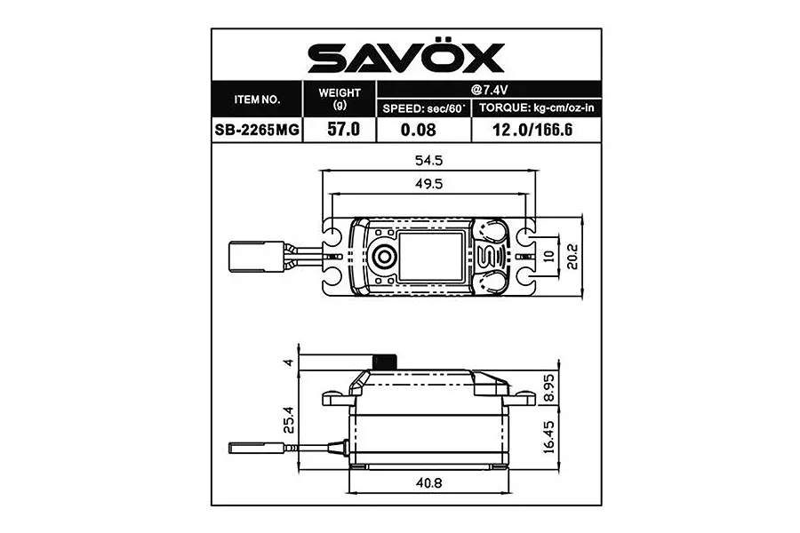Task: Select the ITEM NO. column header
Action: tap(257, 99)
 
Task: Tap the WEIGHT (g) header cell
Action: tap(340, 98)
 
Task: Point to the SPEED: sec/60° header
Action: tap(423, 108)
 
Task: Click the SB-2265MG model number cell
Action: tap(257, 129)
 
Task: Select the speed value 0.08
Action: tap(423, 129)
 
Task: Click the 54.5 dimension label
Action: tap(428, 161)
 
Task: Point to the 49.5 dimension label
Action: tap(428, 183)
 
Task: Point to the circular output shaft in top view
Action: tap(384, 257)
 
